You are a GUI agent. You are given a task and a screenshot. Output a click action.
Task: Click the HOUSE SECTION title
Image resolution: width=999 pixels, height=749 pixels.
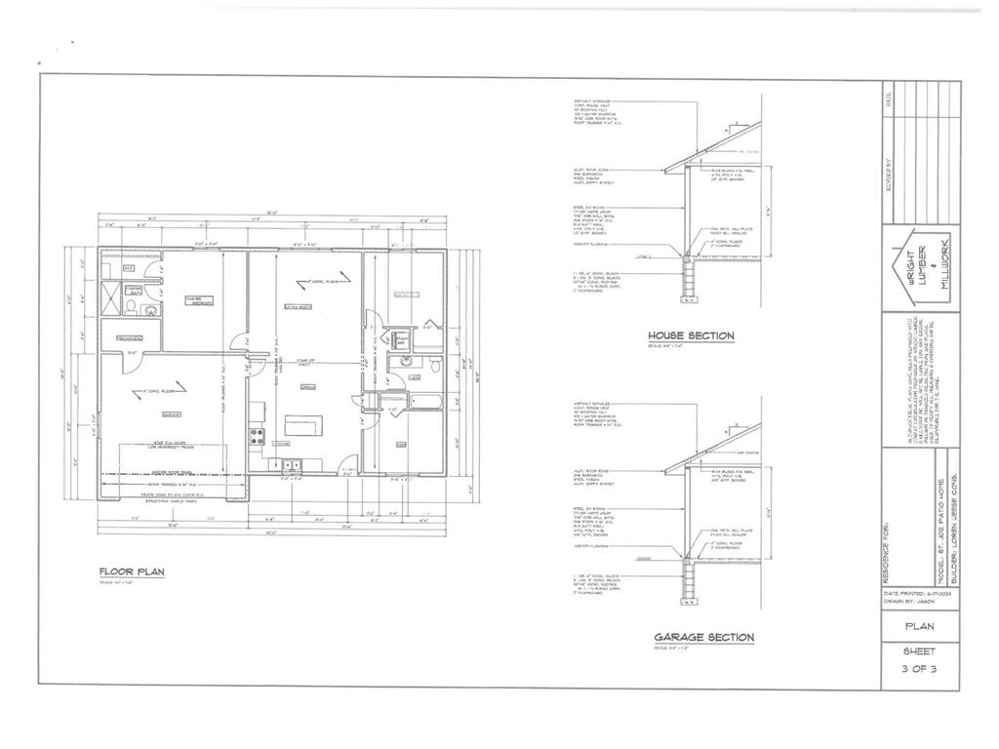[691, 336]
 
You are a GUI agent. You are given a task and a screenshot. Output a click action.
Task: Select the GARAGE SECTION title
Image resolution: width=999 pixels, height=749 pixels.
[703, 638]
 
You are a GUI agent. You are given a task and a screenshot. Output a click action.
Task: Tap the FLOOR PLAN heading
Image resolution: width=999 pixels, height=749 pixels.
[131, 572]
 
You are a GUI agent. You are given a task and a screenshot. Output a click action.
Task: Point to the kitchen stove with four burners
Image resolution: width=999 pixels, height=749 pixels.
[258, 435]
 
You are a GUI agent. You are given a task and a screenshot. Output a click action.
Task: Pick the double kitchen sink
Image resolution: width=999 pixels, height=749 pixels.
[292, 465]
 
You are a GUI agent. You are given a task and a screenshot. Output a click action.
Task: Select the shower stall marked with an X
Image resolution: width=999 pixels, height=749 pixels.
[112, 297]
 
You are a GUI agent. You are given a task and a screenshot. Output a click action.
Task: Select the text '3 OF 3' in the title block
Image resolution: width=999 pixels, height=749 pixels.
[920, 668]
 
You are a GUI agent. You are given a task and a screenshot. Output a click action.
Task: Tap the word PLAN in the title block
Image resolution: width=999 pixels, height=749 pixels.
[920, 627]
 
